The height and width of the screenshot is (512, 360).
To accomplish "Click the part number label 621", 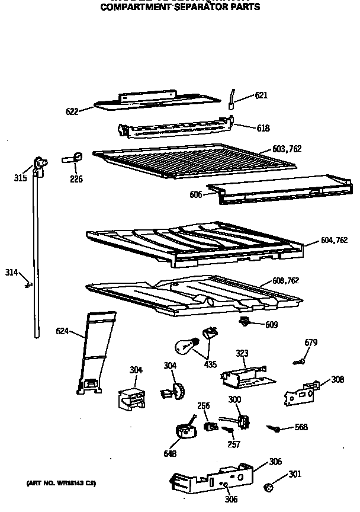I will click(262, 95).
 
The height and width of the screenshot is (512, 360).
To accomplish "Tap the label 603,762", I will click(287, 149).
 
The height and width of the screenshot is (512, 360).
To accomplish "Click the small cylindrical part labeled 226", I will click(71, 158).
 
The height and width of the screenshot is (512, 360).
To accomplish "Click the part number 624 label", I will click(63, 331).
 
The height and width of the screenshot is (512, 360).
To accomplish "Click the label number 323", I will click(242, 353).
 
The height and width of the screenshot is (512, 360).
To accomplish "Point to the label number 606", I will click(197, 194).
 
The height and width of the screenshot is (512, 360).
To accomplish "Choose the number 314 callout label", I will click(11, 272).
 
